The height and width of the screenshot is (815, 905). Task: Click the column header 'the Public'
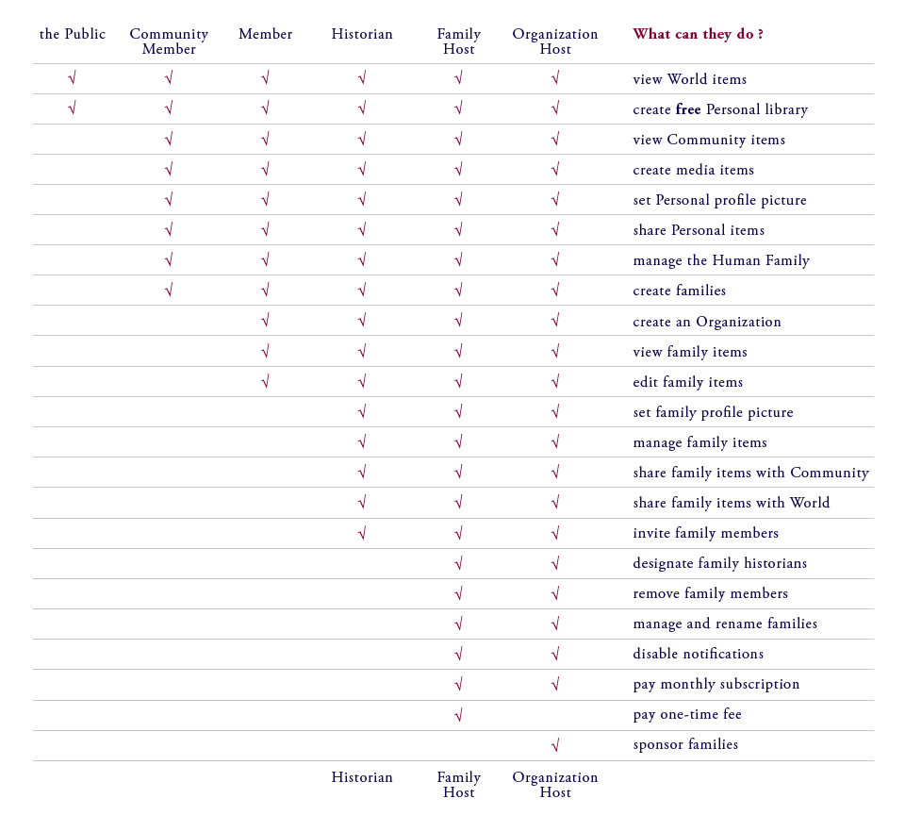point(73,34)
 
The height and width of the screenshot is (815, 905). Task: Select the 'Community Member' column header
point(169,42)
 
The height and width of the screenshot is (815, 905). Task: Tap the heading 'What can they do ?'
point(698,34)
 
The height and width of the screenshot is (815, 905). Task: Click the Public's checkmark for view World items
point(73,78)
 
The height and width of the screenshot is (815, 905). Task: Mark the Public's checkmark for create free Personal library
point(73,108)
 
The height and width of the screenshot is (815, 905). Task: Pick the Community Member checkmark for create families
point(169,291)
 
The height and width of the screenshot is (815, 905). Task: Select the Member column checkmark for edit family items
point(266,381)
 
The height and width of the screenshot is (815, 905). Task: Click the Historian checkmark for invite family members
point(362,533)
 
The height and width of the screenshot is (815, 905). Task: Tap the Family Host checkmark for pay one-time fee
point(459,714)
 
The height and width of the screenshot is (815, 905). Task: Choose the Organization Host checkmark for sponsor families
point(555,745)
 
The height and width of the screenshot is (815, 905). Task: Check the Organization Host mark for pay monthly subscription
point(555,684)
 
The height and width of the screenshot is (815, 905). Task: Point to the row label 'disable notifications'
point(698,654)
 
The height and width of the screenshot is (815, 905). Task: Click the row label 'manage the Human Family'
point(721,260)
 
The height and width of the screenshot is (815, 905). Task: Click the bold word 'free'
point(688,109)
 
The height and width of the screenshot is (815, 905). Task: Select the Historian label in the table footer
point(362,777)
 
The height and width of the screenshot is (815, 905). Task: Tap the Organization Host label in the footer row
point(555,785)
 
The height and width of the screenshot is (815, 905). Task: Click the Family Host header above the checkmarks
point(459,42)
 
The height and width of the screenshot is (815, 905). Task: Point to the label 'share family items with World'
point(731,503)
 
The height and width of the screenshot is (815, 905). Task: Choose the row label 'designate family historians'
point(719,563)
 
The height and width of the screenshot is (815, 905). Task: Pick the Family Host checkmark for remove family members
point(459,593)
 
